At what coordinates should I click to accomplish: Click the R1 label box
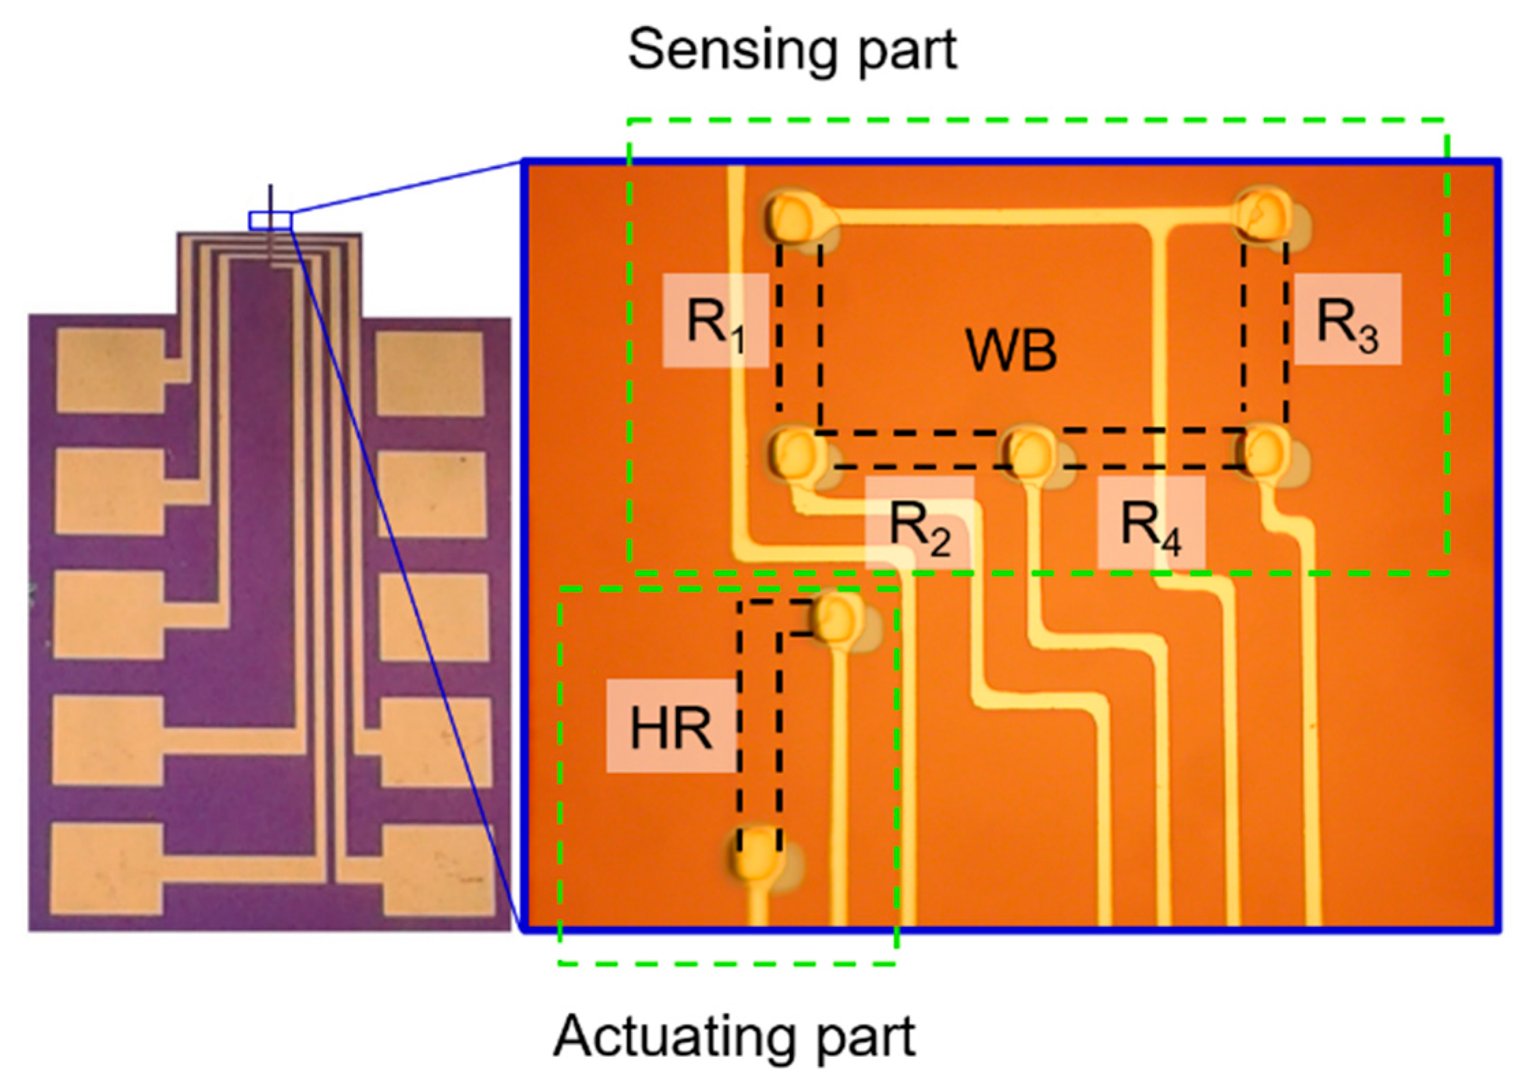(716, 320)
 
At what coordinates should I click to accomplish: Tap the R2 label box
(919, 523)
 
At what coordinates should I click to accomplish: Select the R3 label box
(1347, 319)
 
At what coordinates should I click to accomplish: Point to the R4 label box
(1151, 523)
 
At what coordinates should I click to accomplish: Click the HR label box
(671, 727)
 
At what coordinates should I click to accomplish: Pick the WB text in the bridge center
(1011, 350)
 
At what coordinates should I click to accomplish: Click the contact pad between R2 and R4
(1028, 452)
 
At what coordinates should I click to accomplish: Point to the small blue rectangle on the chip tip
(270, 221)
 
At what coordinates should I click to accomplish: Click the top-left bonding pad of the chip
(111, 370)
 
